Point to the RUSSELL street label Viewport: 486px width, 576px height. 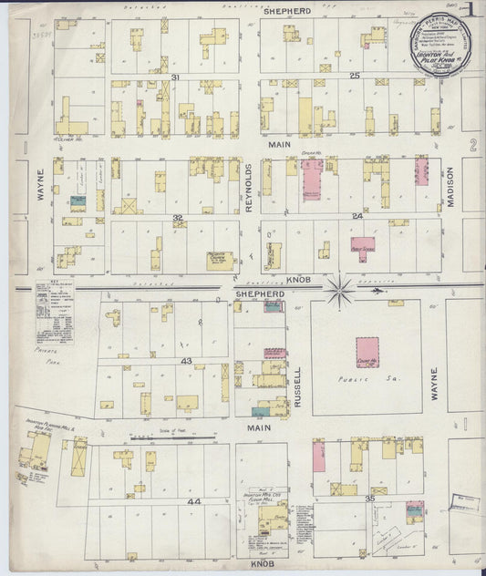point(298,386)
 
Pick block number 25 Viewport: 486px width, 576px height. point(356,75)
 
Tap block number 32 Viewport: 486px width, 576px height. point(178,218)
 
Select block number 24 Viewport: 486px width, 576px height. point(358,216)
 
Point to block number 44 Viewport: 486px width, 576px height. point(192,501)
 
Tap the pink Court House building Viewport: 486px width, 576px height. point(367,352)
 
